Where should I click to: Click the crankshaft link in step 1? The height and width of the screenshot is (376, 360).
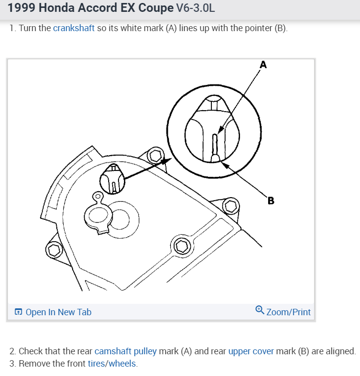click(74, 28)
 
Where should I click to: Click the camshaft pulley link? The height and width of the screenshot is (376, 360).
click(125, 351)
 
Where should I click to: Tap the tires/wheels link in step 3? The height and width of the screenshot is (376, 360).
click(112, 364)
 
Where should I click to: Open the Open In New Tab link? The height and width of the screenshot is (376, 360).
click(58, 312)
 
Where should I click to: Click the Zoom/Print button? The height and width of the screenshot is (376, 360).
click(288, 312)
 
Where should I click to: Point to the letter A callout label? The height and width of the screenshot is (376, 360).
click(263, 64)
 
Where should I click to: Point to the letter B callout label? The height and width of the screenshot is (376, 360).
click(270, 201)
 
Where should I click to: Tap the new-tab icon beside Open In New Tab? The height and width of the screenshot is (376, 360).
click(18, 312)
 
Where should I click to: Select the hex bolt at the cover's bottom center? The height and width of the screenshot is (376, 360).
click(181, 246)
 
